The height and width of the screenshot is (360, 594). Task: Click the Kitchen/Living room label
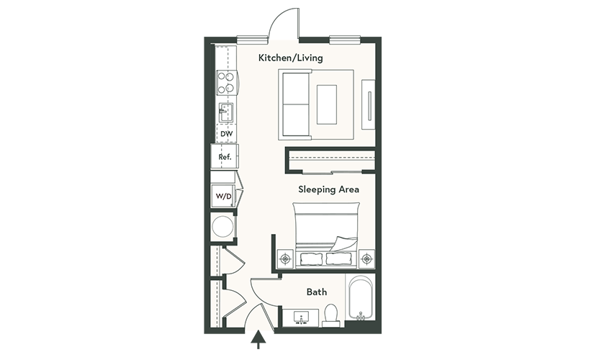(x=291, y=58)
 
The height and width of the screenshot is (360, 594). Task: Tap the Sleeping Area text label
(x=328, y=189)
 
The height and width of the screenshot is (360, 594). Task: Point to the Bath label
(x=317, y=292)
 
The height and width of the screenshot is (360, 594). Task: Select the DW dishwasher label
(x=227, y=134)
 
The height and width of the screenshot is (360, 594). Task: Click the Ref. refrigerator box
(x=225, y=156)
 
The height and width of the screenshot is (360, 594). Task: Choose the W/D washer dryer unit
(x=223, y=196)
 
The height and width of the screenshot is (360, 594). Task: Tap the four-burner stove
(x=226, y=83)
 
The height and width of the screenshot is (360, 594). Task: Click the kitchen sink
(x=225, y=112)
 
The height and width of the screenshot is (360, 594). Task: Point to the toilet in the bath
(x=332, y=315)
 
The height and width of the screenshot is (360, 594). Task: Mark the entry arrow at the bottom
(x=258, y=339)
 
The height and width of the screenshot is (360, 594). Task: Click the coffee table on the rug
(x=327, y=104)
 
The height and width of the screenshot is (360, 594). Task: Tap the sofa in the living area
(x=295, y=104)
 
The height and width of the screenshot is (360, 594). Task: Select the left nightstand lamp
(x=285, y=259)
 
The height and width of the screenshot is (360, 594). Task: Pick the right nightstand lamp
(x=366, y=259)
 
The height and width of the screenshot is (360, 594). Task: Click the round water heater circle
(x=222, y=227)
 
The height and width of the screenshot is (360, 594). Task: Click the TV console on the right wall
(x=368, y=104)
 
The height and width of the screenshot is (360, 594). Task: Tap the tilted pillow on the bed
(x=344, y=243)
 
